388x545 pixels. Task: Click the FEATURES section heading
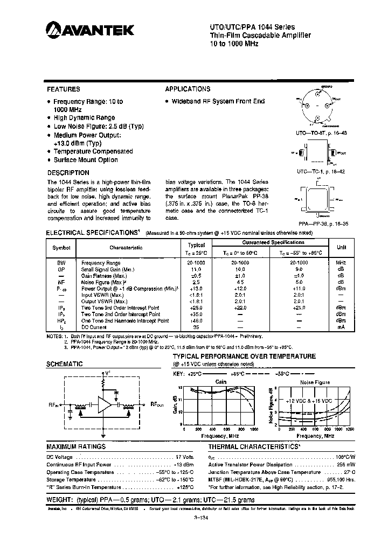tap(64, 89)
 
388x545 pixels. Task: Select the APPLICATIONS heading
tap(188, 89)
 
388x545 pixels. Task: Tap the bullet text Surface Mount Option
tap(86, 160)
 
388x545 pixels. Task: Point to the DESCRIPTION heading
tap(68, 173)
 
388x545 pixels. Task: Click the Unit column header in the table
tap(341, 247)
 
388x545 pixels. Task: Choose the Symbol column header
tap(58, 248)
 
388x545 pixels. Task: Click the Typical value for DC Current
tap(197, 327)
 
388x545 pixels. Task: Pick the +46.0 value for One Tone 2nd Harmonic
tap(197, 320)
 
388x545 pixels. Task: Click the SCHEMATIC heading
tap(65, 364)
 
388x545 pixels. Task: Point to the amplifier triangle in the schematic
tap(107, 404)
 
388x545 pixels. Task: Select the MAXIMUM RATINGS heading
tap(76, 447)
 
